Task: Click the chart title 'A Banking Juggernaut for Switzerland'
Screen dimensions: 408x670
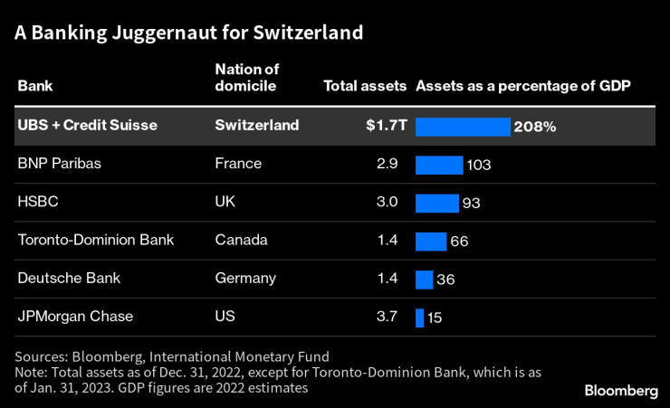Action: (188, 33)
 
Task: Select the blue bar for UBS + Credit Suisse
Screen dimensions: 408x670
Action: (463, 126)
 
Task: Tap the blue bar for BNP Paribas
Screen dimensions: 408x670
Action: (439, 164)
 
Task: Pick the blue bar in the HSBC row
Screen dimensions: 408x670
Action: (437, 203)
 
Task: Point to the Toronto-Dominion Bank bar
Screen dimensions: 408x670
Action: (431, 241)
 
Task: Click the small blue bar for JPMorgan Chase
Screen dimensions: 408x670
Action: (420, 317)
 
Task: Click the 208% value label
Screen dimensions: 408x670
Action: (534, 127)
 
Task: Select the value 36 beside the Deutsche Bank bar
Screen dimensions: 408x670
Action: (445, 280)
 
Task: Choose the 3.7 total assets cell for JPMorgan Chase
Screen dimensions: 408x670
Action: (388, 317)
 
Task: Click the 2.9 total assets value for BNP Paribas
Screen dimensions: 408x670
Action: (388, 164)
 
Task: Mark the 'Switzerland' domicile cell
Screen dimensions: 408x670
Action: (257, 126)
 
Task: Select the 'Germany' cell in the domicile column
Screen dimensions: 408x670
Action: (244, 279)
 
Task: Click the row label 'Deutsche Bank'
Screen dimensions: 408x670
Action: (69, 279)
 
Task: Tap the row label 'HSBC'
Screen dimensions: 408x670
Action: (38, 203)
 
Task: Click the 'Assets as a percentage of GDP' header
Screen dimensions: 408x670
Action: (522, 87)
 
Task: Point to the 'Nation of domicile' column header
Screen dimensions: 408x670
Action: (246, 79)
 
